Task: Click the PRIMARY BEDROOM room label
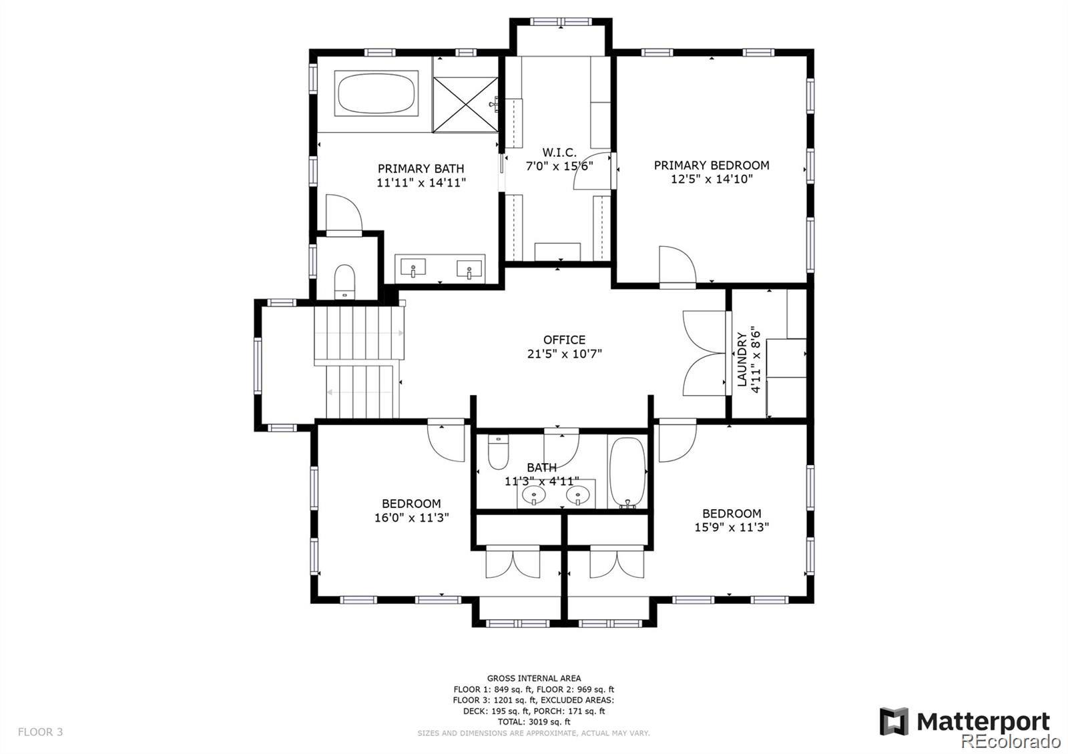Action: point(712,165)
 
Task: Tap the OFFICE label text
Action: point(565,340)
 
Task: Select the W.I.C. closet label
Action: point(559,153)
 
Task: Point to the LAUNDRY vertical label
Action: point(742,360)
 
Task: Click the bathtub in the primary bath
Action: point(376,93)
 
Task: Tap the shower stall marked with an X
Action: point(465,105)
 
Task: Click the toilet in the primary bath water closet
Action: point(344,282)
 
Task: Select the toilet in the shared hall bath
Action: point(498,452)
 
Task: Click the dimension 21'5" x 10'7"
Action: point(565,354)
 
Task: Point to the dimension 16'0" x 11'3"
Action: point(411,518)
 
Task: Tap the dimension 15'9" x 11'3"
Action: point(732,527)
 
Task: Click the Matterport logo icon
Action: point(894,721)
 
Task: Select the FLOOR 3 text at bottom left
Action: point(40,732)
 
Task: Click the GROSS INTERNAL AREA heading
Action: point(534,678)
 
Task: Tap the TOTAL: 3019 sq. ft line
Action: point(534,722)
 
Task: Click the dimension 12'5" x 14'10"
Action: point(712,179)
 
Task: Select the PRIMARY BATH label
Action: point(421,169)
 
